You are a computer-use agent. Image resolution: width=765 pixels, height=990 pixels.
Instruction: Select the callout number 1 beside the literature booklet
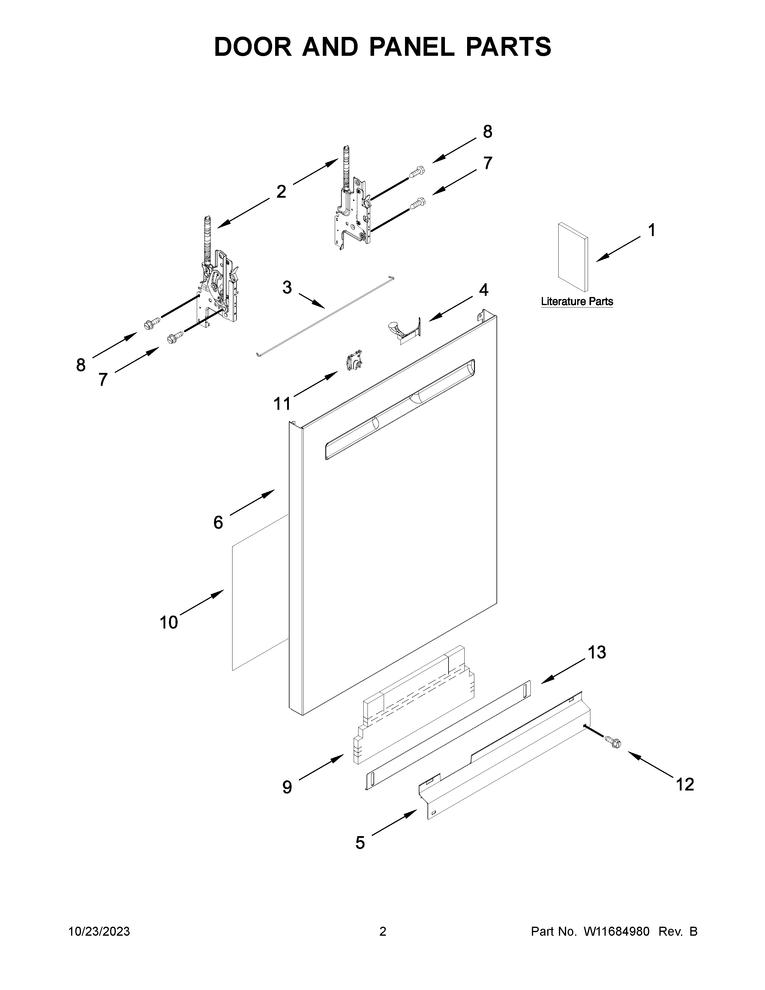coord(651,231)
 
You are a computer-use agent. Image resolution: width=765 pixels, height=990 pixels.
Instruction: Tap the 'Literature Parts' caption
coord(577,301)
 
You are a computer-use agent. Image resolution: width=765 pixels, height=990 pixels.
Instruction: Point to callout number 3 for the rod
coord(287,287)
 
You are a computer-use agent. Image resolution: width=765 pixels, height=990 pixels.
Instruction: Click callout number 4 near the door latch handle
coord(484,290)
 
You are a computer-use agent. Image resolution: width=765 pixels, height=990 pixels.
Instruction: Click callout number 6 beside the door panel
coord(218,523)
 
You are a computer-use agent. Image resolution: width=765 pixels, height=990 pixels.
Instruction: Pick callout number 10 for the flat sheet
coord(169,622)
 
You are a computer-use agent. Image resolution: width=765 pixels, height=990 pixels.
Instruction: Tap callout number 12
coord(685,784)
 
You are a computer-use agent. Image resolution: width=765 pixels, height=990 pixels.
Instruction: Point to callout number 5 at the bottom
coord(360,843)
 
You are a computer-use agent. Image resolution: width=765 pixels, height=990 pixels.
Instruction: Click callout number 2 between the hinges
coord(281,192)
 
